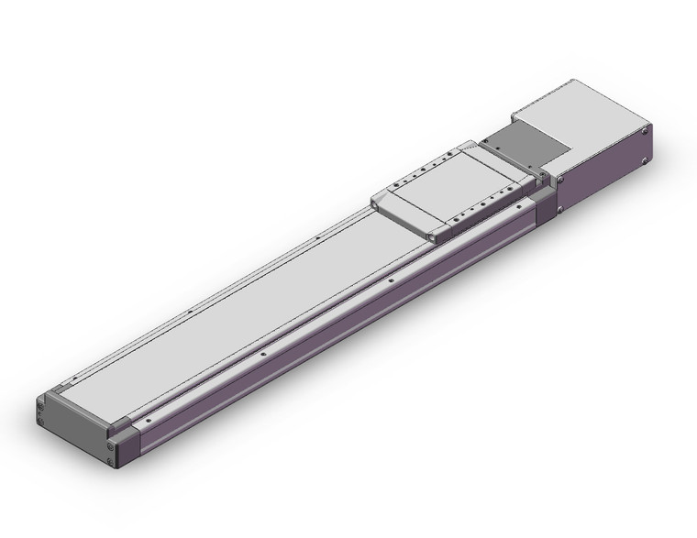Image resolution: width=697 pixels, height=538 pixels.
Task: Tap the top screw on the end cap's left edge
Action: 40,401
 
